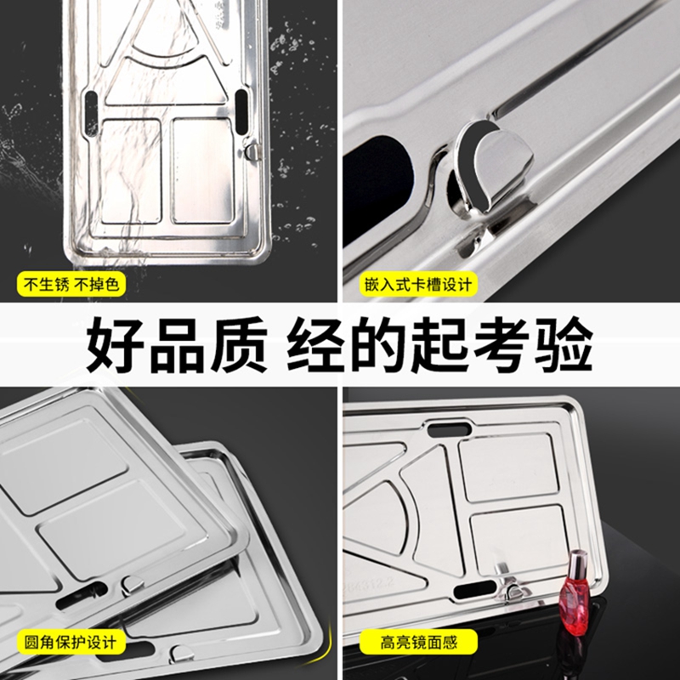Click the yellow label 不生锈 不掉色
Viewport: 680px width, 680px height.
coord(71,284)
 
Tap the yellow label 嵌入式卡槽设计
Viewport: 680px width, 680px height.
coord(418,284)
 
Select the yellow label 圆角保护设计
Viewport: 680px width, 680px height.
coord(71,642)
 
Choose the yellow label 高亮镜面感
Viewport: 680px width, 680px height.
coord(418,642)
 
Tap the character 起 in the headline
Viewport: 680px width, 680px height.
coord(439,345)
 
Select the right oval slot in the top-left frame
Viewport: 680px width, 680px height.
coord(241,112)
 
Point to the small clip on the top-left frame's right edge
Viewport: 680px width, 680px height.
coord(252,151)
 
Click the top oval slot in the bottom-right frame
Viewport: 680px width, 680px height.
coord(450,429)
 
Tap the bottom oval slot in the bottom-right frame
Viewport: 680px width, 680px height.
coord(474,590)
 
